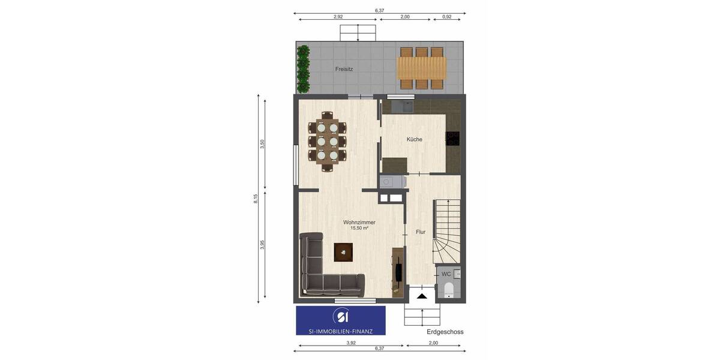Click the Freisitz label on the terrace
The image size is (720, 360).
coord(344,69)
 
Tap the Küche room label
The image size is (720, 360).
coord(414,139)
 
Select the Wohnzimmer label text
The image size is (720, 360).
coord(359,222)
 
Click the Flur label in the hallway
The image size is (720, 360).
coord(420,232)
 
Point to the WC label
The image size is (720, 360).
coord(446,274)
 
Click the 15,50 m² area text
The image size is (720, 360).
coord(359,229)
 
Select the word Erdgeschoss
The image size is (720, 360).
coord(445,332)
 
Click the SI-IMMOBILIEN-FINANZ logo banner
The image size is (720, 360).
coord(340,320)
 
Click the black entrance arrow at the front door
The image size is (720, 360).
coord(422,295)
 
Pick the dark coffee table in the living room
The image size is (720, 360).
coord(343,252)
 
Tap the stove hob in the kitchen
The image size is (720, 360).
coord(453,139)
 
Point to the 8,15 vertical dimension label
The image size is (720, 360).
coord(256,199)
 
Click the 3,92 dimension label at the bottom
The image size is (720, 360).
coord(351,343)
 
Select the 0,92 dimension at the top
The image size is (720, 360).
coord(447,17)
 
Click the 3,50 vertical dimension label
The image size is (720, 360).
coord(262,144)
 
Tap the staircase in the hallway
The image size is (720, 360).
coord(447,228)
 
